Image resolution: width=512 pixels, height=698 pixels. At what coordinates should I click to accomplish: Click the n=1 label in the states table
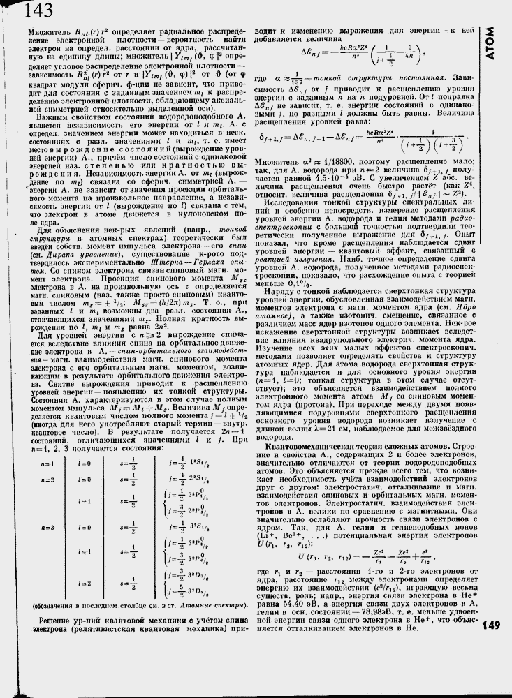[x=47, y=463]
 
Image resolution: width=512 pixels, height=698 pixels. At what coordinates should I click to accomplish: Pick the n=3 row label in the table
[x=47, y=527]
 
